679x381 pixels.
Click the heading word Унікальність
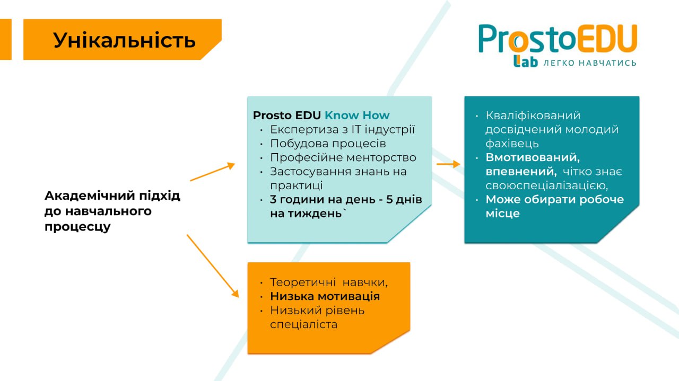[124, 40]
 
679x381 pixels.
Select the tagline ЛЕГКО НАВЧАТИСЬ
[589, 63]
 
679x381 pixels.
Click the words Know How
[357, 116]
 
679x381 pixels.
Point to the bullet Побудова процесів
[328, 144]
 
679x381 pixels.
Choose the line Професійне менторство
[343, 157]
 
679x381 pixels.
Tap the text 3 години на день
[323, 200]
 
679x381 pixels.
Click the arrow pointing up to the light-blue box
[213, 172]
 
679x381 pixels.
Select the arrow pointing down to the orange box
[213, 266]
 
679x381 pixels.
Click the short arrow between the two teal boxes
[448, 164]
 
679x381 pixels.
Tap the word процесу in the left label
[77, 227]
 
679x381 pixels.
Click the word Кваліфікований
[533, 116]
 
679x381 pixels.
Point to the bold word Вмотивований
[533, 158]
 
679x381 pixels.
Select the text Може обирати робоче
[555, 200]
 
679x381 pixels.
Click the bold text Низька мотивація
[325, 296]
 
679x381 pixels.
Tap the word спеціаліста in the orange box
[304, 325]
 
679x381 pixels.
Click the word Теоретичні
[303, 282]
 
